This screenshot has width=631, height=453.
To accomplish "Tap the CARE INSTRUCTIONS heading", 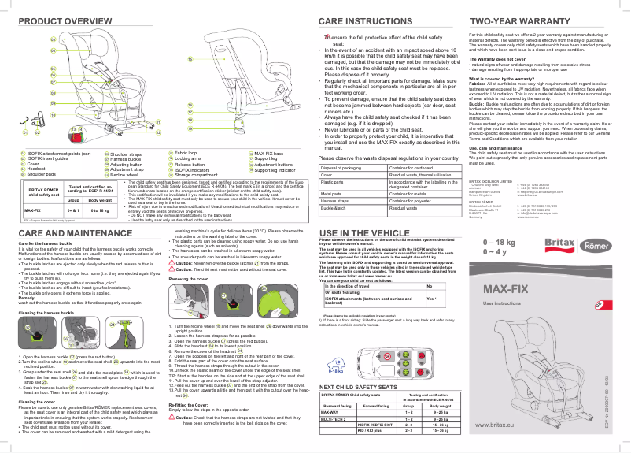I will [x=362, y=20].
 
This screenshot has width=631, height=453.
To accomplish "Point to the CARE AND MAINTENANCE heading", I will [x=72, y=234].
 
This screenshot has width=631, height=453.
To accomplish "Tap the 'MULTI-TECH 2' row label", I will [x=335, y=418].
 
